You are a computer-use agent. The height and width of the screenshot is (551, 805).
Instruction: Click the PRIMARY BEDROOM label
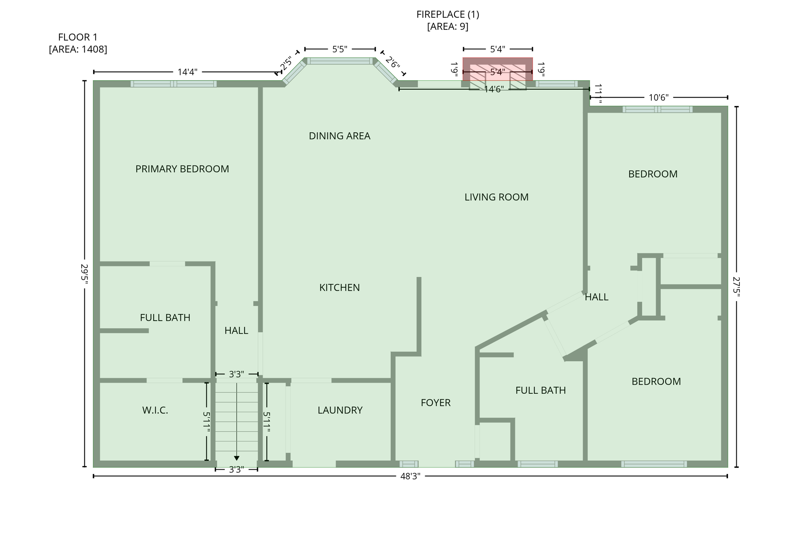pos(182,169)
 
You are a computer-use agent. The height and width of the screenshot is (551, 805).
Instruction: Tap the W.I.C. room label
pos(155,410)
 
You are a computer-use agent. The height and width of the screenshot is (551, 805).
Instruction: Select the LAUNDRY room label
pos(340,410)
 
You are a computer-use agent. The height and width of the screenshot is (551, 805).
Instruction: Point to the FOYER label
pos(436,403)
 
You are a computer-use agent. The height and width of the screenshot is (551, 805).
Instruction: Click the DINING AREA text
pos(339,136)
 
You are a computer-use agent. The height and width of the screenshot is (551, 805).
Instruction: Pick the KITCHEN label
pos(339,288)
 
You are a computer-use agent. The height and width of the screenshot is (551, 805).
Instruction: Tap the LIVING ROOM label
pos(496,197)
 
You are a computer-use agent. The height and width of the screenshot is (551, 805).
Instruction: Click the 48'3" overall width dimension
pos(410,476)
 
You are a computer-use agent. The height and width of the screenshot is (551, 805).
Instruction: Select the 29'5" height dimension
pos(84,274)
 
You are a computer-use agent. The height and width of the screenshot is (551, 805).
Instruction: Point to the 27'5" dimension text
pos(736,287)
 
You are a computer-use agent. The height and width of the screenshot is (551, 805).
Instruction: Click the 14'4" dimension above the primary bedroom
pos(187,72)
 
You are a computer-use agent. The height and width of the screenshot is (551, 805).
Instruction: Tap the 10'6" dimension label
pos(658,98)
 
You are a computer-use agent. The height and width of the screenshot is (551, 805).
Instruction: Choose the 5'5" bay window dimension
pos(340,49)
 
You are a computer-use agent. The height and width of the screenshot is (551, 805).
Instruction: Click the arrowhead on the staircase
pos(236,458)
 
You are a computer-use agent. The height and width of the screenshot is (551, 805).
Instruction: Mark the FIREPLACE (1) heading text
pos(448,15)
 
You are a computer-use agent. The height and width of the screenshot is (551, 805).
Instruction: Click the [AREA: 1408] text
pos(78,50)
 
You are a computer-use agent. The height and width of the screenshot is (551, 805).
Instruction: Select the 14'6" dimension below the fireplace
pos(493,90)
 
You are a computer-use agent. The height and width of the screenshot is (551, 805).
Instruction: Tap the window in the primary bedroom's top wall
pos(173,84)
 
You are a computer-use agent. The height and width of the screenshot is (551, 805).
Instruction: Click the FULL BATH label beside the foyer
pos(540,391)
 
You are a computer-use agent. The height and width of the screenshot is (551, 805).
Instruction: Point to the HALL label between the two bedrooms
pos(596,297)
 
